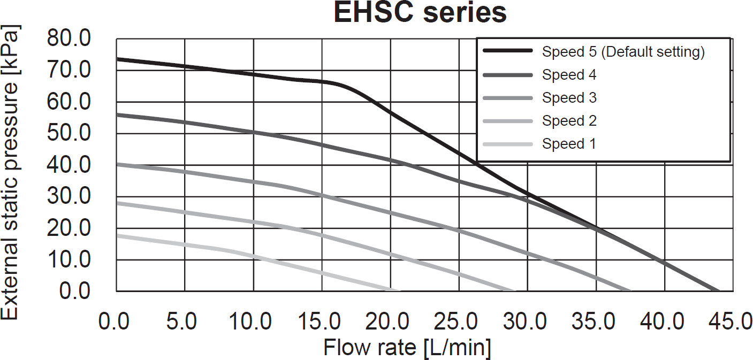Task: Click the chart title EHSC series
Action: [x=420, y=13]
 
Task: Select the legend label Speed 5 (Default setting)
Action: [x=623, y=52]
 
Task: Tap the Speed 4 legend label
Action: [x=569, y=75]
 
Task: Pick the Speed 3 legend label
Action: [x=569, y=98]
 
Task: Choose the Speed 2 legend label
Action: [x=569, y=121]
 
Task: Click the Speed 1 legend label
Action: [x=569, y=144]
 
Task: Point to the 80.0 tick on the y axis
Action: [x=70, y=39]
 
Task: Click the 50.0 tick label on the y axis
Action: [x=70, y=133]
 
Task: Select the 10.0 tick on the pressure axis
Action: [x=70, y=260]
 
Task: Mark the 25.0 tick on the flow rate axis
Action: [x=458, y=323]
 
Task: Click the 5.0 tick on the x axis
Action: [x=184, y=323]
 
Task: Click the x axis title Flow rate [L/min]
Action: [x=407, y=348]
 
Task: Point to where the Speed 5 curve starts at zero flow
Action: [x=117, y=59]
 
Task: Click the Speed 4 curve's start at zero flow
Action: [x=117, y=114]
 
